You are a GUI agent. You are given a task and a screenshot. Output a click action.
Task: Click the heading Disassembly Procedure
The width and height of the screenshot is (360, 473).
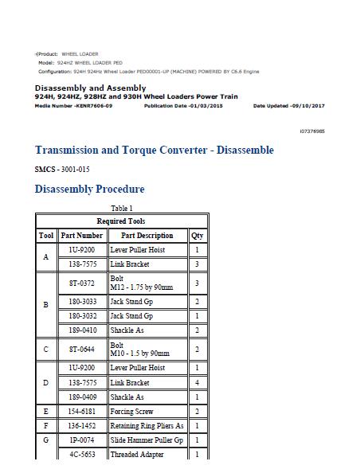point(89,190)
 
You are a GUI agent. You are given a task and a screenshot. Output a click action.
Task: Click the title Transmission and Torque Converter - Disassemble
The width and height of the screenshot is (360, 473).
point(155,150)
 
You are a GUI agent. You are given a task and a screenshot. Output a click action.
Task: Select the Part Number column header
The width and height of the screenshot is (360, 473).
point(82,236)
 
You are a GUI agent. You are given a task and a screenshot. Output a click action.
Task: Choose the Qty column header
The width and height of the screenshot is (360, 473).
point(197,236)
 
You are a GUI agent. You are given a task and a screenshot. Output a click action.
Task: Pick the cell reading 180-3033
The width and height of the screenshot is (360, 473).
point(82,303)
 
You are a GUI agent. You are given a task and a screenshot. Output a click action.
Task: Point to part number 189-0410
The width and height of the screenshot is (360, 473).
point(82,330)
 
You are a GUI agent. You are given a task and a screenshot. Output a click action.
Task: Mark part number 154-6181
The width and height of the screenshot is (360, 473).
point(82,412)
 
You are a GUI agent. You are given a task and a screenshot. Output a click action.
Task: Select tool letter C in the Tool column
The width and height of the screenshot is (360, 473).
point(46,349)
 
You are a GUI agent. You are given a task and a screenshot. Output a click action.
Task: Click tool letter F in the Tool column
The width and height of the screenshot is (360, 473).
point(46,426)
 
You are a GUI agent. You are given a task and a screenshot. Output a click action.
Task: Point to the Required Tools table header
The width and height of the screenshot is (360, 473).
point(121,221)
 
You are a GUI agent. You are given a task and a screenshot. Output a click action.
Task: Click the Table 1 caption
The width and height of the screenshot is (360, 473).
point(121,209)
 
